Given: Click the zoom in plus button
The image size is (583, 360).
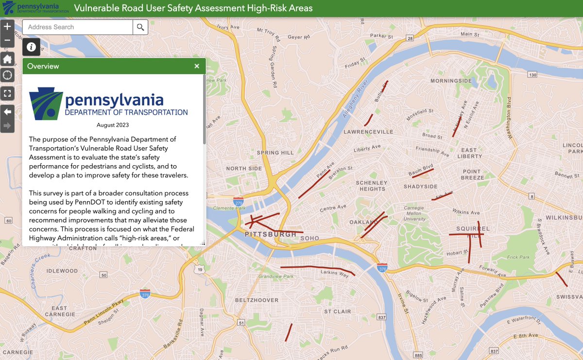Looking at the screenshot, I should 7,27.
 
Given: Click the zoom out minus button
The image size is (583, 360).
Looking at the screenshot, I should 7,40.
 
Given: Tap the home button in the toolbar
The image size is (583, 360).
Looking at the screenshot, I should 7,59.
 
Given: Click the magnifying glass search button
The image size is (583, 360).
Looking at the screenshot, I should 140,27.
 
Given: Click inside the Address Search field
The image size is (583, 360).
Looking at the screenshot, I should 78,27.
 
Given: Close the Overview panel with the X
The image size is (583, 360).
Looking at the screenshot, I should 197,66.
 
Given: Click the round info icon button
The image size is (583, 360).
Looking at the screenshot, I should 31,47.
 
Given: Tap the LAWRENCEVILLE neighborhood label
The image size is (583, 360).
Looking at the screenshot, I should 368,132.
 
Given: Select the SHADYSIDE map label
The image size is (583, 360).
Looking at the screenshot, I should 420,187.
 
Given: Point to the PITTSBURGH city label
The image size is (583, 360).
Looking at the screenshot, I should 271,235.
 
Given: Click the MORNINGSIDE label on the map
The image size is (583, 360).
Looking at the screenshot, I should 451,81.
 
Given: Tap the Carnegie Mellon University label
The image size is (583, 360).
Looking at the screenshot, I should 414,213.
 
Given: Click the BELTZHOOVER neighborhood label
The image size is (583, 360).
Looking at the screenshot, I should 257,300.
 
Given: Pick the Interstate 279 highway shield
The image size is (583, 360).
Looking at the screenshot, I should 238,201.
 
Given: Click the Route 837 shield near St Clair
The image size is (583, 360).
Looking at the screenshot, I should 381,317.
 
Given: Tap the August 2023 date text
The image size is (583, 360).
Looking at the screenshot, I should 113,125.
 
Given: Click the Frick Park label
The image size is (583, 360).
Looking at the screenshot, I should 518,257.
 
